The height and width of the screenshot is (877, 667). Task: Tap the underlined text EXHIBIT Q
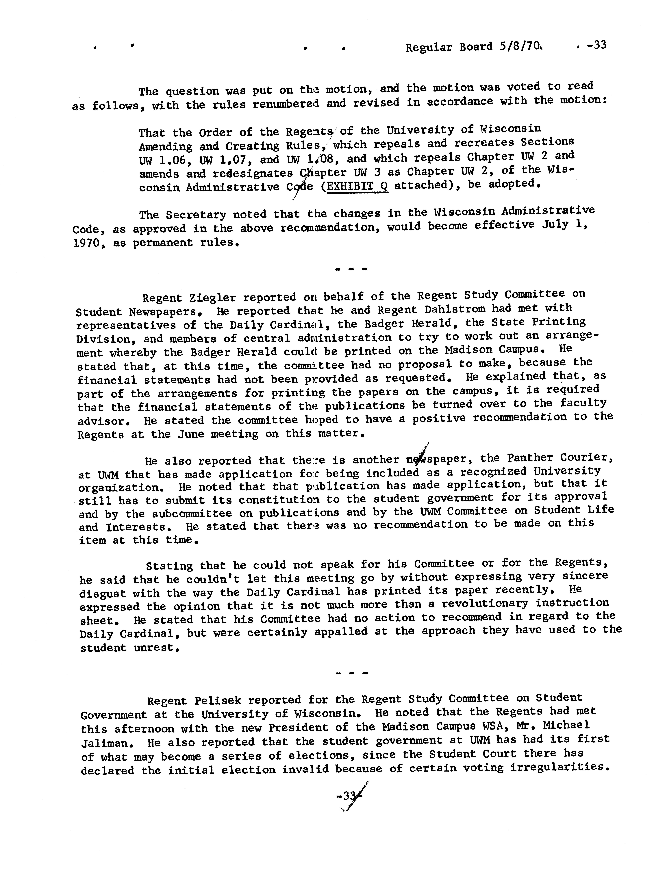(357, 186)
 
